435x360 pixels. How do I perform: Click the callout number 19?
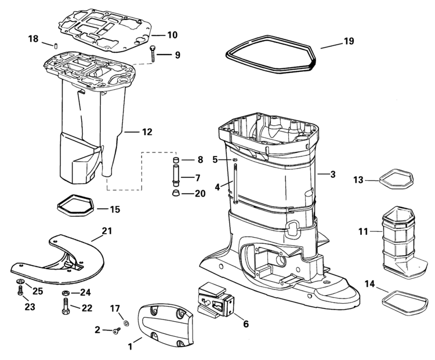pyautogui.click(x=349, y=41)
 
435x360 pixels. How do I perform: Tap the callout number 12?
pyautogui.click(x=147, y=132)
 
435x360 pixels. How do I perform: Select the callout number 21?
pyautogui.click(x=107, y=231)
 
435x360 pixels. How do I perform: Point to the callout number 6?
pyautogui.click(x=246, y=323)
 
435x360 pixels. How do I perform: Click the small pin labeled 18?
pyautogui.click(x=56, y=46)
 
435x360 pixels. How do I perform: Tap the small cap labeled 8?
pyautogui.click(x=175, y=160)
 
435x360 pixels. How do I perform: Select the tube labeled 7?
pyautogui.click(x=176, y=175)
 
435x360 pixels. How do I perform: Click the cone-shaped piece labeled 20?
pyautogui.click(x=175, y=193)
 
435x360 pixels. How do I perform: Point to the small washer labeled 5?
pyautogui.click(x=235, y=159)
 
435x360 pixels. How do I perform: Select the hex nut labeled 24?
pyautogui.click(x=66, y=293)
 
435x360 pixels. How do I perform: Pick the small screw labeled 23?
pyautogui.click(x=20, y=290)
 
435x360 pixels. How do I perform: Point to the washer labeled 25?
pyautogui.click(x=20, y=281)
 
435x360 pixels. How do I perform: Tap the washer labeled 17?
pyautogui.click(x=126, y=323)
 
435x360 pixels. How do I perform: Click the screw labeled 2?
pyautogui.click(x=117, y=330)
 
